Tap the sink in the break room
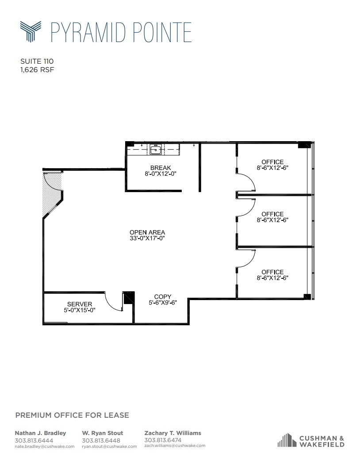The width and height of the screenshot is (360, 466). pos(155,150)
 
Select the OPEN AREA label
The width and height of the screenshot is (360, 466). pos(147,232)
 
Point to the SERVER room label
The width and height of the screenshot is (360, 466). pos(80,304)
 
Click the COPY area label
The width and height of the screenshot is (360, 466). pos(163,297)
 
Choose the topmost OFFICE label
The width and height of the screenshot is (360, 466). pos(272,162)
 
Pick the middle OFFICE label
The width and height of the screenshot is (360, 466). pos(272,214)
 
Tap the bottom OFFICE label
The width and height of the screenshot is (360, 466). pos(272,272)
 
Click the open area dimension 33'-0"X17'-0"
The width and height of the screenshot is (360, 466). pos(147,239)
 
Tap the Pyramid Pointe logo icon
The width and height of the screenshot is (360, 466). pos(31,31)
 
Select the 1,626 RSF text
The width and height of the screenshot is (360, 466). pos(37,69)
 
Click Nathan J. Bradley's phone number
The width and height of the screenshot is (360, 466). pos(34,440)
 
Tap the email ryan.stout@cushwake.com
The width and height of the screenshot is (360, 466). pos(109,447)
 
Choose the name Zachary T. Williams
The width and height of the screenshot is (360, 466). pos(172,433)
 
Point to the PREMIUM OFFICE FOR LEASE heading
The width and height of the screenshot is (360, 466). pos(72,415)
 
